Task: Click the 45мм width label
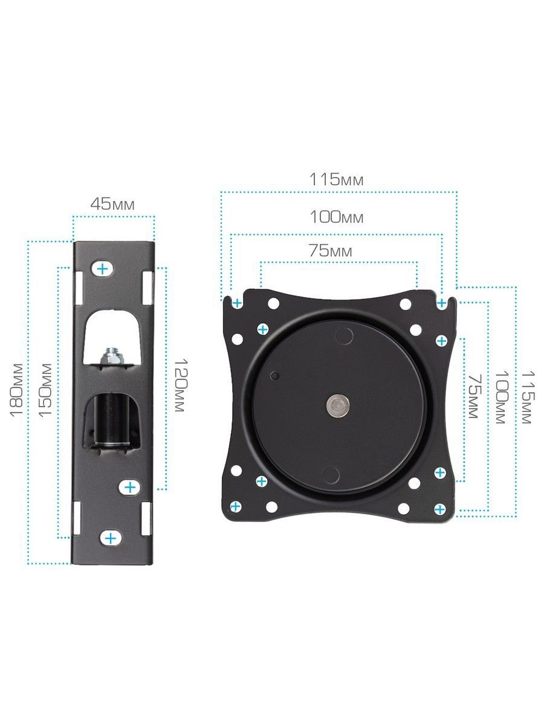[x=112, y=204]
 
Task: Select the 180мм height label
[x=16, y=390]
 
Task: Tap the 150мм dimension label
[x=45, y=390]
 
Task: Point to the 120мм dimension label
[x=180, y=385]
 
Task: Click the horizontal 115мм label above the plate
[x=336, y=179]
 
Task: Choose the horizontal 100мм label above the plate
[x=336, y=217]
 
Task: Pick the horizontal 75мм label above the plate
[x=330, y=251]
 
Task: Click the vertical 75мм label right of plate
[x=474, y=396]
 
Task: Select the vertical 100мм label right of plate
[x=501, y=398]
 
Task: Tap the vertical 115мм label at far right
[x=528, y=398]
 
